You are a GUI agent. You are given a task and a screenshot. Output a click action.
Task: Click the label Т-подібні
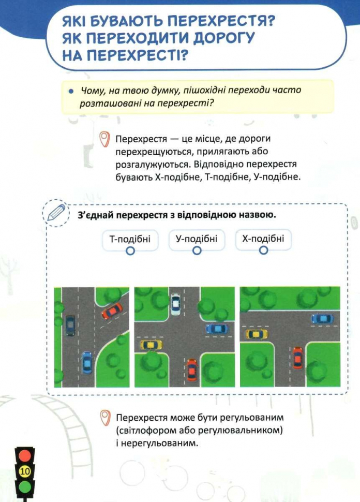[130, 239]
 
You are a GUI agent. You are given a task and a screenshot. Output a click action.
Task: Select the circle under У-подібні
[197, 250]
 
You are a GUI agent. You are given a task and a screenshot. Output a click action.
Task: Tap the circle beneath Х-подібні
[263, 250]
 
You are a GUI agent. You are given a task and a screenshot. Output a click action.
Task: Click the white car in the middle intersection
[175, 304]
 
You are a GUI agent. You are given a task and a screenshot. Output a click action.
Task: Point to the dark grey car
[70, 325]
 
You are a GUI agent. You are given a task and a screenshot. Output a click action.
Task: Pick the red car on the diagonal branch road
[112, 311]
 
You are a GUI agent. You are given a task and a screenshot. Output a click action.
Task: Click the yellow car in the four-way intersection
[151, 345]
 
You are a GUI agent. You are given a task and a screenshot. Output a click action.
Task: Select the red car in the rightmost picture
[297, 358]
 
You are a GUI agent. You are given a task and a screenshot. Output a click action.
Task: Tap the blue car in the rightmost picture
[323, 319]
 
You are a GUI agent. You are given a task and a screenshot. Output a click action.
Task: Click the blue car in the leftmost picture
[86, 363]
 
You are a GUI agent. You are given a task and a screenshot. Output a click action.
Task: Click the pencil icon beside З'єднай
[56, 212]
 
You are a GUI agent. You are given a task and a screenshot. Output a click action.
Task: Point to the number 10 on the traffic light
[25, 471]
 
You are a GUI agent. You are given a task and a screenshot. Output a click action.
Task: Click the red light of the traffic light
[25, 455]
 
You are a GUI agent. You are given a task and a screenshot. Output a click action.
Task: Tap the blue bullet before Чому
[71, 91]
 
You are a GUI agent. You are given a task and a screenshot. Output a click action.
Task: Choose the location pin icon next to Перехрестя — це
[104, 140]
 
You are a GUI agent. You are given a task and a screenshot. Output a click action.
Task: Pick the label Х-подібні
[263, 239]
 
